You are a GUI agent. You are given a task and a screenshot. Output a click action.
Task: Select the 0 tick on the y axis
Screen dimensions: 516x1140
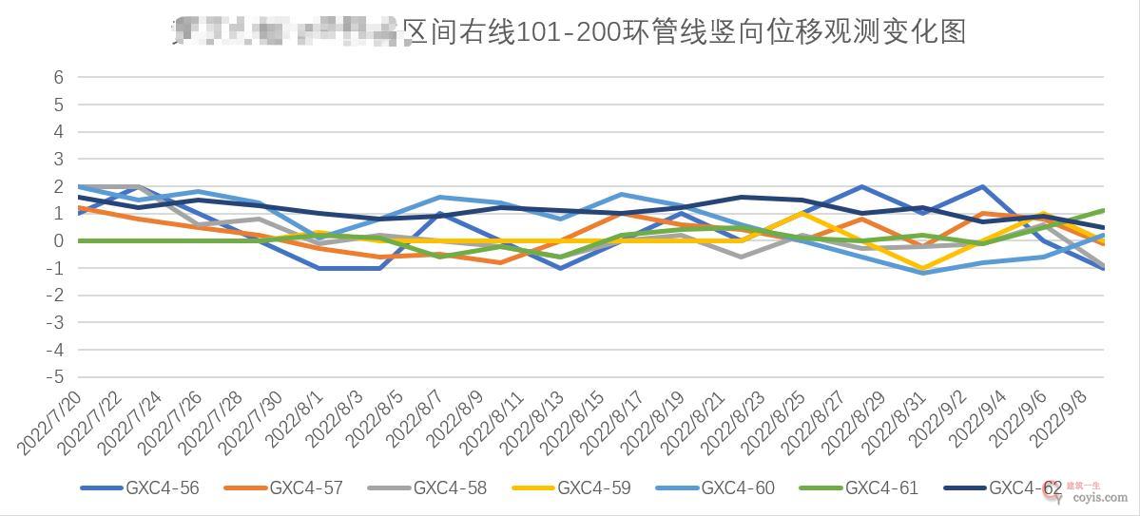(x=58, y=241)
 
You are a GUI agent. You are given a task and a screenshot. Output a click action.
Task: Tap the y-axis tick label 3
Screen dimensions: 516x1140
(x=58, y=160)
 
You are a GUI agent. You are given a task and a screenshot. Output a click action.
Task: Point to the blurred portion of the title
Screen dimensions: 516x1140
(x=285, y=32)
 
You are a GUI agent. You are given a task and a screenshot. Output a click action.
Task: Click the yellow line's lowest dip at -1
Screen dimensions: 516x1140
(x=922, y=268)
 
